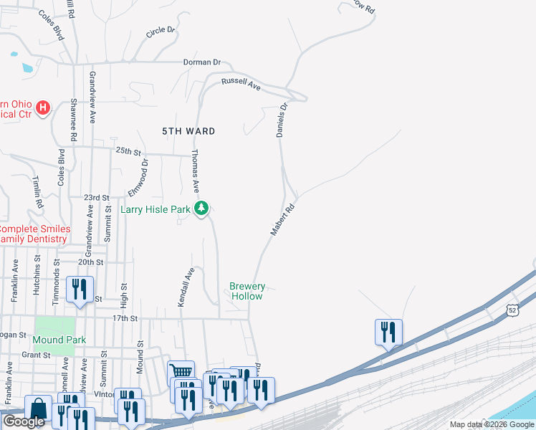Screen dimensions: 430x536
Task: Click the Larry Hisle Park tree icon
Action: [202, 209]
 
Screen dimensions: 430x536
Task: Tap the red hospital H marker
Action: [43, 108]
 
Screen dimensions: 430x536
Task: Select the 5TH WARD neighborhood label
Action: [188, 131]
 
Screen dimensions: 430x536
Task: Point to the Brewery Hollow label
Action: [246, 291]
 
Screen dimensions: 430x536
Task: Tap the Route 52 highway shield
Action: [510, 309]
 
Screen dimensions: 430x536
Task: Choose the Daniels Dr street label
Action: [282, 120]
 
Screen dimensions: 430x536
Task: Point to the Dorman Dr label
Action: [202, 62]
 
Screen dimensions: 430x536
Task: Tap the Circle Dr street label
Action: [161, 32]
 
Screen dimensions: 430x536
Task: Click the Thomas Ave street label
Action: [194, 172]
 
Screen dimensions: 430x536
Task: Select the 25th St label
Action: [129, 151]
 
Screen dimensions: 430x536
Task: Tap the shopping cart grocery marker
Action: [181, 373]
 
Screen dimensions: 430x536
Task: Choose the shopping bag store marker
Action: [37, 409]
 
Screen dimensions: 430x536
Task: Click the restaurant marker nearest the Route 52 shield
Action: [388, 332]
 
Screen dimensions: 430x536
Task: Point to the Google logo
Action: [24, 421]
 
